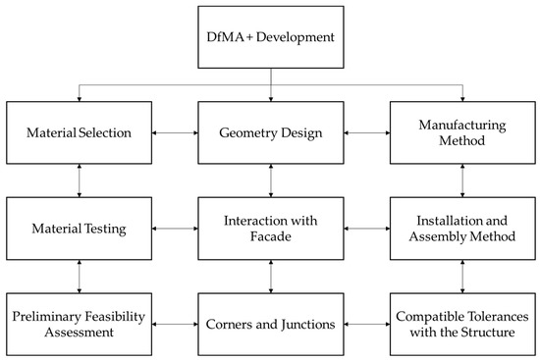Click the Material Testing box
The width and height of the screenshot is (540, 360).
pyautogui.click(x=79, y=229)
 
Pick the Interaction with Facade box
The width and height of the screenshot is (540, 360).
pyautogui.click(x=270, y=229)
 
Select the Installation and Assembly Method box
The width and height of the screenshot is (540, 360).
pyautogui.click(x=461, y=229)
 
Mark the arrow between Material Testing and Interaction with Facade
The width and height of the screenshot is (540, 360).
pyautogui.click(x=174, y=229)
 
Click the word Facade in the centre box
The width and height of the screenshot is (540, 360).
pyautogui.click(x=270, y=238)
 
